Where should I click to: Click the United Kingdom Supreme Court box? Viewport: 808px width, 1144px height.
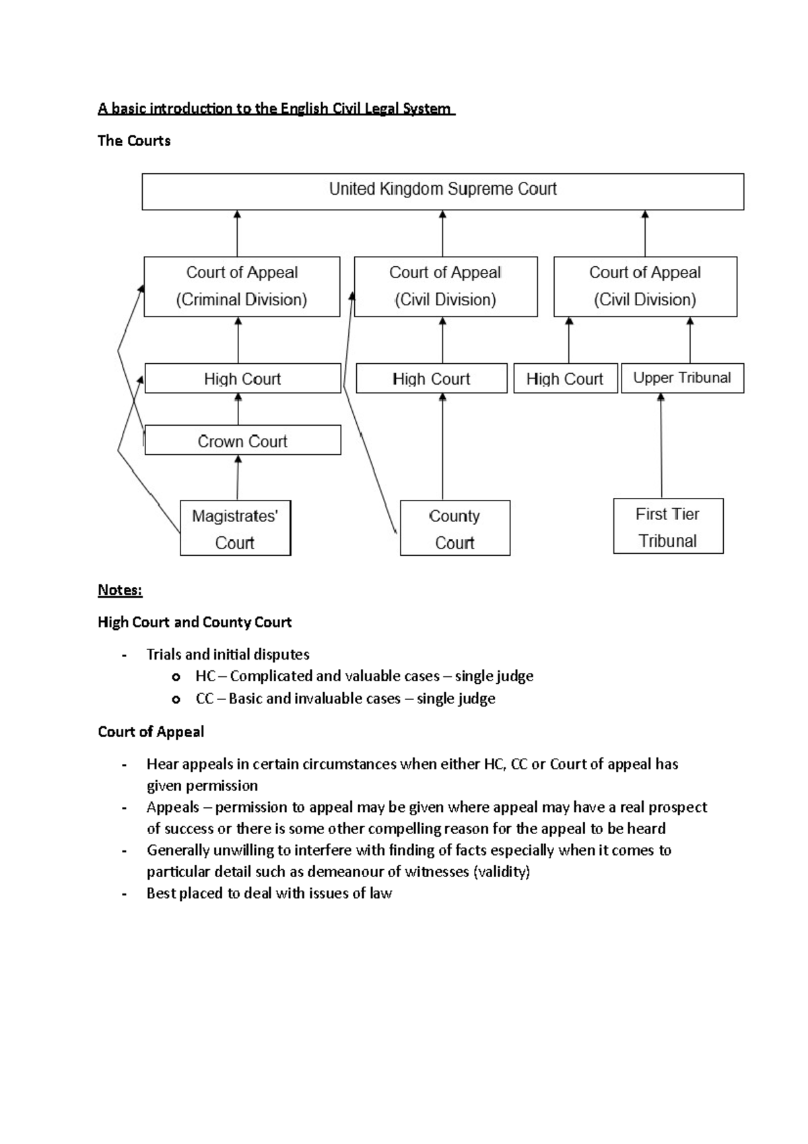coord(442,191)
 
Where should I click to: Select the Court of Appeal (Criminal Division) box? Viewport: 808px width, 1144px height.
coord(242,286)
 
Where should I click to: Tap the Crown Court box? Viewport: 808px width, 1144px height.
coord(242,441)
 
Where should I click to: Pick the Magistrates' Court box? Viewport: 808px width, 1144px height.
coord(235,528)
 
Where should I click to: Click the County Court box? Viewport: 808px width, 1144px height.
coord(454,528)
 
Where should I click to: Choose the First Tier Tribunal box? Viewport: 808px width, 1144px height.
coord(668,527)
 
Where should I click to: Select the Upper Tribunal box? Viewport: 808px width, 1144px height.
coord(682,378)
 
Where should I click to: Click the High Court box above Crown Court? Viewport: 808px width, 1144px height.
coord(242,379)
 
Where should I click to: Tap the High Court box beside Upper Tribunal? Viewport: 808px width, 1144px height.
coord(565,379)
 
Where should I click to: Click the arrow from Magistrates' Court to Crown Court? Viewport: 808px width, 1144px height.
coord(237,478)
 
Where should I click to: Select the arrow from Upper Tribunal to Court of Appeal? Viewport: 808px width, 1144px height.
coord(689,340)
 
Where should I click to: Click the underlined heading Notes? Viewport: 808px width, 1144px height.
coord(120,590)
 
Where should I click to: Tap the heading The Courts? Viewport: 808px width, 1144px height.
coord(134,141)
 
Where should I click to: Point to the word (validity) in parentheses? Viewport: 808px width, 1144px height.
coord(502,872)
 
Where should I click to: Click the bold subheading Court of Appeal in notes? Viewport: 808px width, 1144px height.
coord(151,732)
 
